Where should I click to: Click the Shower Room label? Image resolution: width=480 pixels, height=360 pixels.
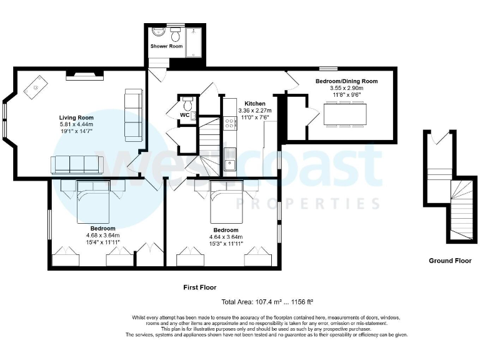(166, 46)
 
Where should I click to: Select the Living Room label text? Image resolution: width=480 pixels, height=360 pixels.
(76, 117)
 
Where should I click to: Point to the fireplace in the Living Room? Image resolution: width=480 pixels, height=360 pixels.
(84, 76)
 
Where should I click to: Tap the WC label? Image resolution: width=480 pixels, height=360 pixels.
(184, 115)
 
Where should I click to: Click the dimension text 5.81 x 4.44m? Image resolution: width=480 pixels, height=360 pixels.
(76, 124)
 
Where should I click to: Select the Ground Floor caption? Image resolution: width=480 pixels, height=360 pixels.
(450, 261)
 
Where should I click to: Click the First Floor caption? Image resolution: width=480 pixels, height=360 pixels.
(199, 288)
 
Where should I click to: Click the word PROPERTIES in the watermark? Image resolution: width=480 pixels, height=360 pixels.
(307, 204)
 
